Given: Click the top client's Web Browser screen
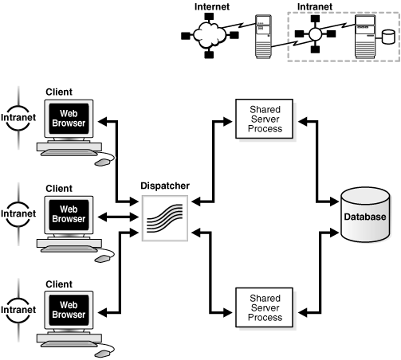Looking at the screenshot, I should point(67,121).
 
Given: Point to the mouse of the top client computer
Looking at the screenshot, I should point(103,161).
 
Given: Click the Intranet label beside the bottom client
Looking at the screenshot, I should point(18,308).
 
